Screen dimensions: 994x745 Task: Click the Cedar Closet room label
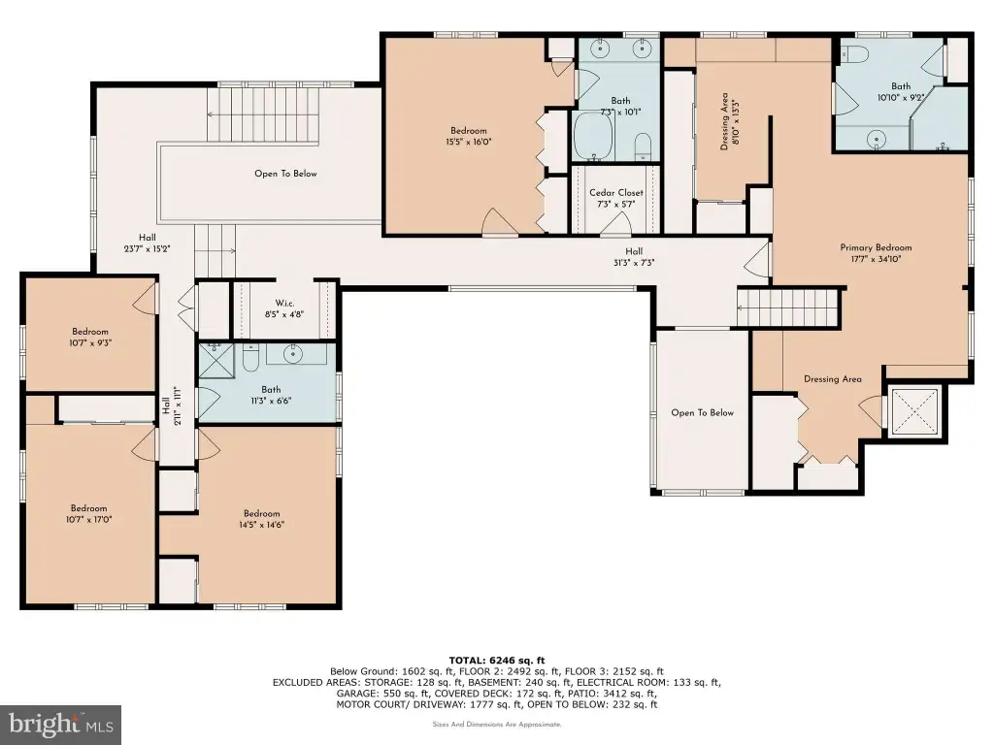pyautogui.click(x=616, y=193)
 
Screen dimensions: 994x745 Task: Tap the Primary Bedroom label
pyautogui.click(x=877, y=247)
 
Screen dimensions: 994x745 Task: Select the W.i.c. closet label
pyautogui.click(x=284, y=304)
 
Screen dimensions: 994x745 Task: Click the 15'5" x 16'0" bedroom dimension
pyautogui.click(x=469, y=142)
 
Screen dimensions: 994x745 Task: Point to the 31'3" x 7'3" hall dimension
pyautogui.click(x=634, y=262)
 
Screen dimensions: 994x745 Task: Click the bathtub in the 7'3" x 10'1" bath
pyautogui.click(x=593, y=137)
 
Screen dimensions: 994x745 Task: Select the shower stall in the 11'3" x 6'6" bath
pyautogui.click(x=216, y=361)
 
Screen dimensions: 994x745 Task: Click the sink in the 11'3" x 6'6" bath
pyautogui.click(x=293, y=354)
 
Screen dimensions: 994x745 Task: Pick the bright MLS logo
pyautogui.click(x=60, y=725)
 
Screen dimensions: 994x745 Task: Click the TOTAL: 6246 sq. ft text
pyautogui.click(x=497, y=660)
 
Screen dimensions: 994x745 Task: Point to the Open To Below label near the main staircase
pyautogui.click(x=285, y=174)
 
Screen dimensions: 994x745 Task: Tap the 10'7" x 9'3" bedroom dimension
pyautogui.click(x=90, y=342)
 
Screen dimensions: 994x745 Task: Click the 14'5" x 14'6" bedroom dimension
pyautogui.click(x=262, y=525)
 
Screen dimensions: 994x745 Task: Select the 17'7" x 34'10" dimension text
pyautogui.click(x=877, y=258)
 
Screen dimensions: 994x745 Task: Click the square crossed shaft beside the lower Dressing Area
pyautogui.click(x=914, y=411)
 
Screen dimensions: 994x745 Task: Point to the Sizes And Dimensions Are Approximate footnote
pyautogui.click(x=497, y=724)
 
